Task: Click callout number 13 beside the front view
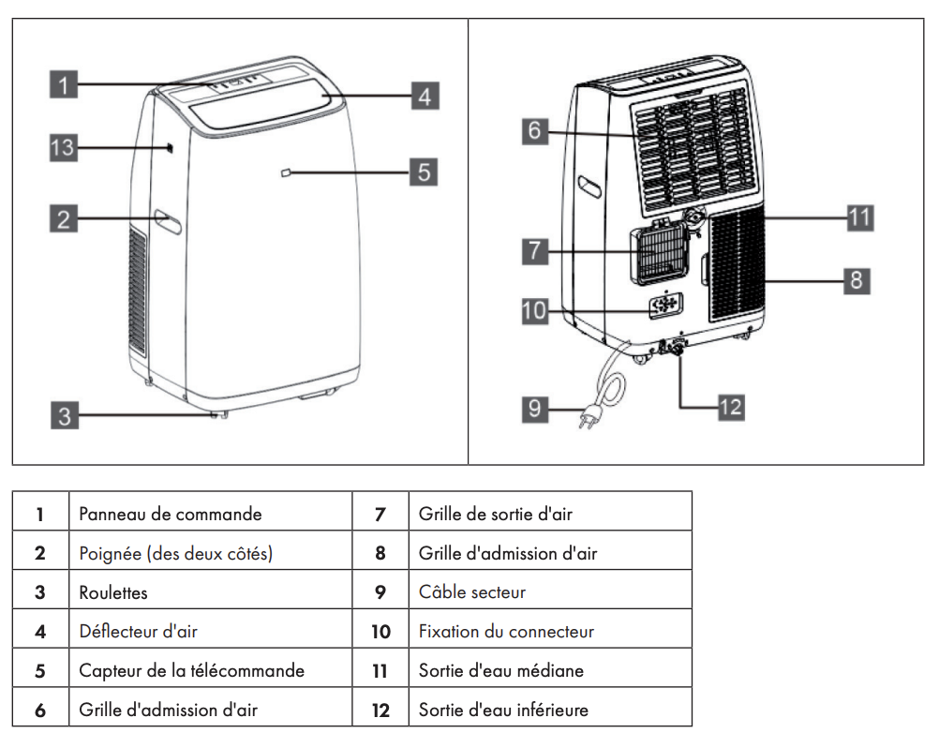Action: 63,148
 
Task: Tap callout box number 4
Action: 425,96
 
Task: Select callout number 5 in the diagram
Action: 425,172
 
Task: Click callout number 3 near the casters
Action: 64,415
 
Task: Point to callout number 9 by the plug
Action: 535,410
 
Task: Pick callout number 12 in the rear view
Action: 730,406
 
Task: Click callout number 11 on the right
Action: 858,218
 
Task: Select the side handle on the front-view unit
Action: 169,221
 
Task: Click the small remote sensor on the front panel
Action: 286,172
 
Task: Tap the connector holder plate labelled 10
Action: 666,306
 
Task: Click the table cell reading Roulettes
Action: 113,592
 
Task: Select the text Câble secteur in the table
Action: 472,592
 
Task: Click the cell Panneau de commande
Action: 170,514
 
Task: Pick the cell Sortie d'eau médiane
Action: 500,671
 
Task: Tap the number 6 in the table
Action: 40,711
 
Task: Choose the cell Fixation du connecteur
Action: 506,632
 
